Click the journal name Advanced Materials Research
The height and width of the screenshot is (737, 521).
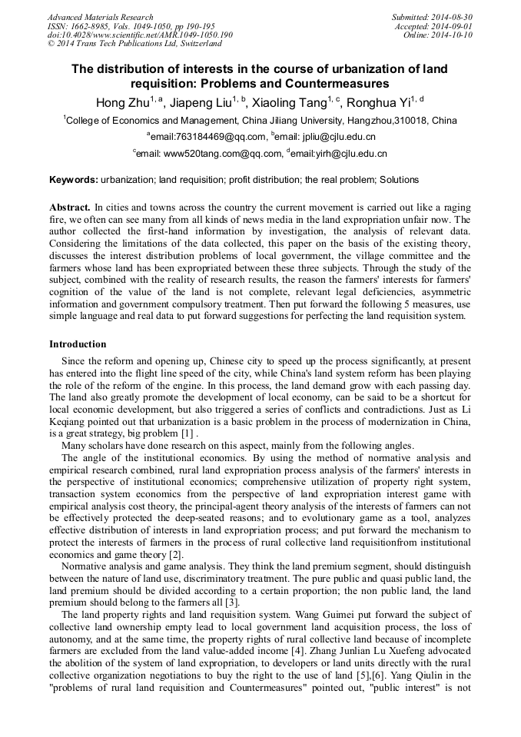tap(100, 17)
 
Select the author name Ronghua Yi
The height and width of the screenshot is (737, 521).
tap(378, 102)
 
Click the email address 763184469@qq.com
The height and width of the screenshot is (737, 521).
tap(217, 137)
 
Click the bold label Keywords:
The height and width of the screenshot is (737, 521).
tap(74, 180)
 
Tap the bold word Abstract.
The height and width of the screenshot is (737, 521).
tap(69, 207)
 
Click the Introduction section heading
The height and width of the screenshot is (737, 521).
tap(78, 344)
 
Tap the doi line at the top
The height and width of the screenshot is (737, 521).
tap(140, 35)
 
